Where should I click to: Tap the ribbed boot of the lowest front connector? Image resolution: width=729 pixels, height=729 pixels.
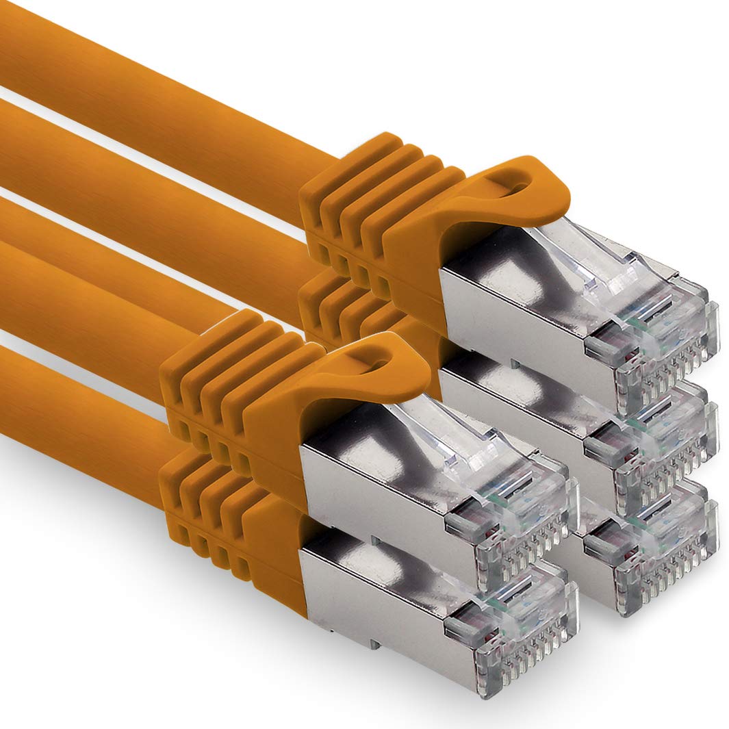[219, 520]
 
